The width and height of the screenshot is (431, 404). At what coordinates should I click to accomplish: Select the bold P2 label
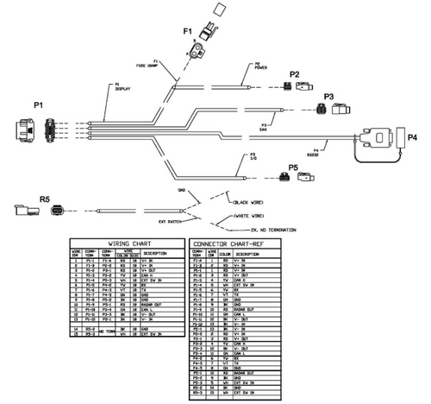click(x=294, y=74)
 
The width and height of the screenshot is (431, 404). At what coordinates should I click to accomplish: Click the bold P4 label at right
click(x=412, y=136)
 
